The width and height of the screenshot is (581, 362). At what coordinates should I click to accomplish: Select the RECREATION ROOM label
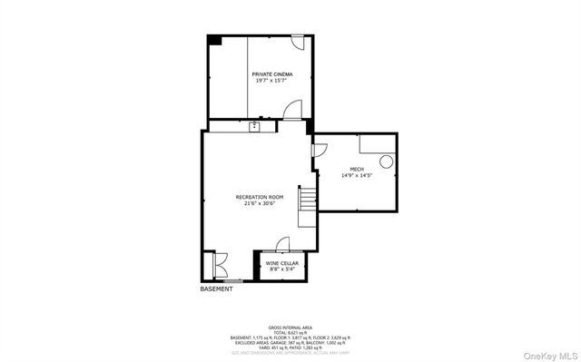click(260, 197)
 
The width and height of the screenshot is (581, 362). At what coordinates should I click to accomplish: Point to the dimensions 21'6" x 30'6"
click(260, 204)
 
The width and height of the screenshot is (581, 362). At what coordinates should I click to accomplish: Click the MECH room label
click(357, 169)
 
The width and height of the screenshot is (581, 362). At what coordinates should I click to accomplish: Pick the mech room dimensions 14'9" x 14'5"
click(357, 175)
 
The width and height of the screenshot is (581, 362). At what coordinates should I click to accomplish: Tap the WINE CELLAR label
click(282, 263)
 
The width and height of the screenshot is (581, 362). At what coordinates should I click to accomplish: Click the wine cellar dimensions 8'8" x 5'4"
click(282, 269)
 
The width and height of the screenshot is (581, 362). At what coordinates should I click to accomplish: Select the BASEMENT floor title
click(216, 289)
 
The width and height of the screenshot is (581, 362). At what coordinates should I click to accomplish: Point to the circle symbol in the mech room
click(386, 161)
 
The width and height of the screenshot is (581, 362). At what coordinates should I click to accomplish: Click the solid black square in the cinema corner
click(214, 40)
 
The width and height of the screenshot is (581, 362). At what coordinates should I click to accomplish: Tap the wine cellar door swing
click(282, 243)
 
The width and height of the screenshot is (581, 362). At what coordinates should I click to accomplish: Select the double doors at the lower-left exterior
click(216, 264)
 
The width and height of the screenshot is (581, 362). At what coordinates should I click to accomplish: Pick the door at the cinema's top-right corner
click(298, 41)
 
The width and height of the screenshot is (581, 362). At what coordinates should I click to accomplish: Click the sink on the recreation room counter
click(255, 126)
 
